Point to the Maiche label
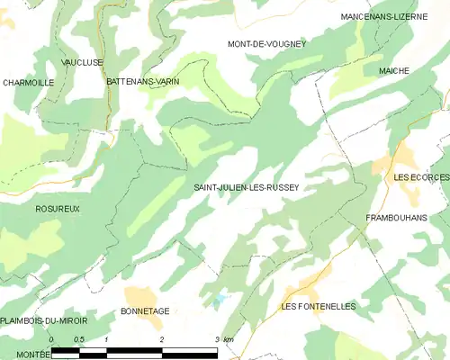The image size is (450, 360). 394,70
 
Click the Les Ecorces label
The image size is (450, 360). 421,177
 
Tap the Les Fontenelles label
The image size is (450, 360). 319,307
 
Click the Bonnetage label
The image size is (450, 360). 145,310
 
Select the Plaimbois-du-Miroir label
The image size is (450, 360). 43,321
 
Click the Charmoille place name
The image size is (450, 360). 29,82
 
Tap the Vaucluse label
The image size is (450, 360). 82,62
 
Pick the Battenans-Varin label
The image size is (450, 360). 143,81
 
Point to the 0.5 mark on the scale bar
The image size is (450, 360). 79,339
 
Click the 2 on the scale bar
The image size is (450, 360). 162,339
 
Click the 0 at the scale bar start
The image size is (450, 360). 52,339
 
